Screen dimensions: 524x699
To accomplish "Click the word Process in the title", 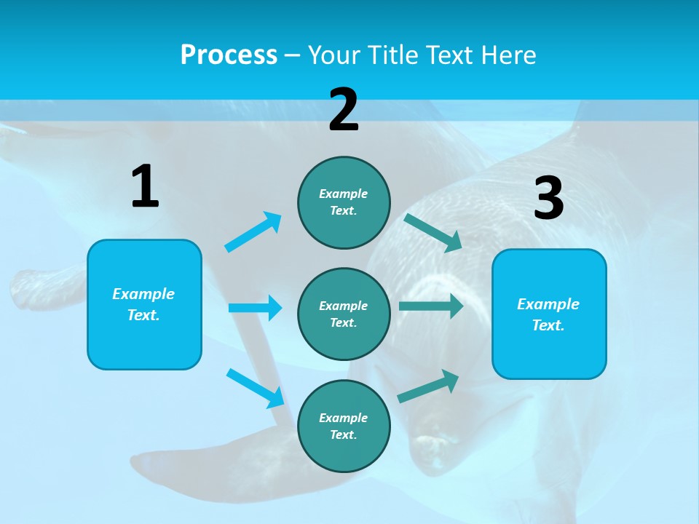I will (x=229, y=55).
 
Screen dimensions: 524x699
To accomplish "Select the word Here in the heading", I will (x=508, y=55).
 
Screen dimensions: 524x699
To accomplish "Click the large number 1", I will (x=145, y=187).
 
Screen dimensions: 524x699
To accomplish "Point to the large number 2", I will (x=344, y=110).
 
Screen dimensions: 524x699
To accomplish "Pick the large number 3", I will (x=549, y=198).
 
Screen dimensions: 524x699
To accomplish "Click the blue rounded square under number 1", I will (x=144, y=304).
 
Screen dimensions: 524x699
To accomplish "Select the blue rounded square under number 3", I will (x=549, y=314).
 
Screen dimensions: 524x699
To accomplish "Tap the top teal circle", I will (x=344, y=202).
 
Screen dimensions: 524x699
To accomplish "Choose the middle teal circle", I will (x=344, y=314).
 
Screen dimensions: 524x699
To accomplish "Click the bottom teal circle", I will (x=344, y=426).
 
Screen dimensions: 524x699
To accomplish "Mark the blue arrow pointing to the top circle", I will (x=253, y=232).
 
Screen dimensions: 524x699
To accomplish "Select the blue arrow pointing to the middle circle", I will (x=255, y=308).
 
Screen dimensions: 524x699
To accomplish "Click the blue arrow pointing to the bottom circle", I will (x=256, y=388).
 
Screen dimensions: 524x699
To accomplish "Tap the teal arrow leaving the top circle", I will (x=433, y=233).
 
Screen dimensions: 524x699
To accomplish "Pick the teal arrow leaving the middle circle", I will (x=431, y=306).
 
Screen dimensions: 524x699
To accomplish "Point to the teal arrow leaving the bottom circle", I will (x=429, y=386).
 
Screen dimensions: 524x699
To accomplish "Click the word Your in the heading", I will (x=334, y=55).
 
